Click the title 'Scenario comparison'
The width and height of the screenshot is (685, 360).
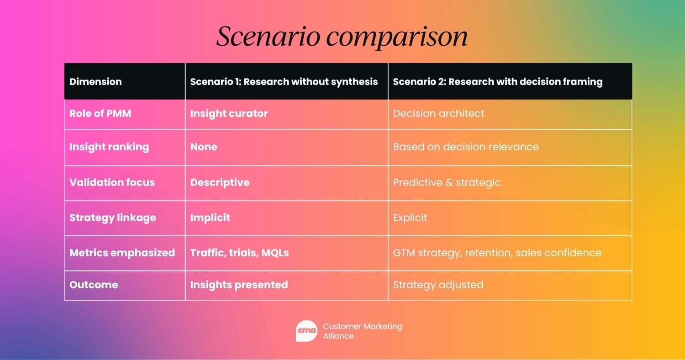(342, 37)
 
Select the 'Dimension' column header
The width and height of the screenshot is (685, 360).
(95, 82)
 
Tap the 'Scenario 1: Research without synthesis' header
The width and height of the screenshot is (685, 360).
(284, 82)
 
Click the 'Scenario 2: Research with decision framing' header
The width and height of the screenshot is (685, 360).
(497, 82)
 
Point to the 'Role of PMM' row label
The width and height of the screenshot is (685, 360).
(100, 113)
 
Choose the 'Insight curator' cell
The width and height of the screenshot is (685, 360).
(229, 113)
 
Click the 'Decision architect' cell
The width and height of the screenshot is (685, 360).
(438, 113)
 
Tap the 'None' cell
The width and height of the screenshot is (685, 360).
(204, 147)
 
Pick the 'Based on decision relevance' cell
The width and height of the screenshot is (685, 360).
(466, 147)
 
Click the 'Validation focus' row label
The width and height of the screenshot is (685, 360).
(112, 182)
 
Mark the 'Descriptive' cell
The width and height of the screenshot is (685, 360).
(220, 182)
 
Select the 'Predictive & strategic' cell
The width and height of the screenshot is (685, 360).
(447, 182)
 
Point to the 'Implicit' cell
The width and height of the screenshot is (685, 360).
(210, 217)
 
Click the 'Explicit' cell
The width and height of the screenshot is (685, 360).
(410, 217)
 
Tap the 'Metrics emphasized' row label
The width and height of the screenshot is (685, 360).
(122, 253)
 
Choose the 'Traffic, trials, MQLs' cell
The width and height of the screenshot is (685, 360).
(239, 253)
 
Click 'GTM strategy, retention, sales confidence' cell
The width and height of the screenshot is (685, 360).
(497, 253)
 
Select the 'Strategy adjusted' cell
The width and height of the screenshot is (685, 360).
(438, 285)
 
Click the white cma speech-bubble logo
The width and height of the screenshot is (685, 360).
(306, 331)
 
